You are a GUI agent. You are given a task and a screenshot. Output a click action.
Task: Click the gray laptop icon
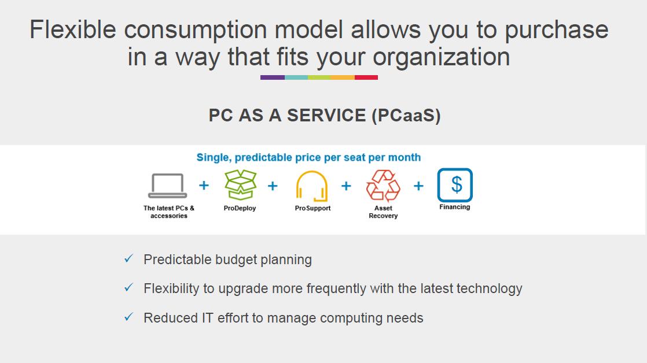pos(167,186)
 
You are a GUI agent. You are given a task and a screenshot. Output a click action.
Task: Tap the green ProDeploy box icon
pos(240,184)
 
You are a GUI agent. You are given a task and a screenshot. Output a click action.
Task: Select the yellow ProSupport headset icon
pos(312,186)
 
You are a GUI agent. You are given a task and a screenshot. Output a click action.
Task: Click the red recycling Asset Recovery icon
pos(383,186)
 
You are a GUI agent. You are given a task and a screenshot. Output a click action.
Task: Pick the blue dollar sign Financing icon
pos(455,184)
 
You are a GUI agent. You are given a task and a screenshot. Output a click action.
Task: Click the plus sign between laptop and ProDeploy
pos(204,186)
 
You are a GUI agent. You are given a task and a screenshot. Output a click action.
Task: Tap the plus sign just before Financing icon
pos(418,186)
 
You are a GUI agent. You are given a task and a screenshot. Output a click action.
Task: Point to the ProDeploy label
pos(240,208)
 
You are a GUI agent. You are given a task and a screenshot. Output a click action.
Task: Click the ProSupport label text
pos(313,208)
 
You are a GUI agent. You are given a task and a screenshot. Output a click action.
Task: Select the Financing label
pos(455,207)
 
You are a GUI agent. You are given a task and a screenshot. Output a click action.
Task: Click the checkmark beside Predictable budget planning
pos(128,258)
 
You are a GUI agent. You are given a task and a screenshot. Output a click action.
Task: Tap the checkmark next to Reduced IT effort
pos(128,317)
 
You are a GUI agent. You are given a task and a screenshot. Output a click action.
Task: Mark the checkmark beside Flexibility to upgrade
pos(128,287)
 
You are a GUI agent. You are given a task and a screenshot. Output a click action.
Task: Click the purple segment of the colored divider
pos(273,77)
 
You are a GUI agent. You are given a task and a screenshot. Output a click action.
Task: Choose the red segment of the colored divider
pos(366,77)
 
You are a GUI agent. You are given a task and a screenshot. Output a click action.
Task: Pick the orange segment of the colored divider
pos(343,77)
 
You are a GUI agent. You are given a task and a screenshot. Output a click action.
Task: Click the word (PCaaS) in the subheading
pos(406,116)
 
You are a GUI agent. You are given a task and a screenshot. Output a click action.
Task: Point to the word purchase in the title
pos(557,29)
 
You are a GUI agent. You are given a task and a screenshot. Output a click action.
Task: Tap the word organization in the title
pos(442,57)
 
